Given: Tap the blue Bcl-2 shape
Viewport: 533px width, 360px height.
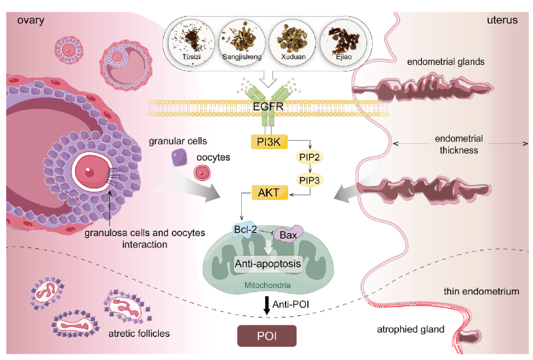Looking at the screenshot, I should [x=245, y=229].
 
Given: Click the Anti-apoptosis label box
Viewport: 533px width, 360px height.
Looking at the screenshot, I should [x=267, y=263].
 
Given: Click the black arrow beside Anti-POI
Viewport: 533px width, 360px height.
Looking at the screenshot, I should [x=266, y=304].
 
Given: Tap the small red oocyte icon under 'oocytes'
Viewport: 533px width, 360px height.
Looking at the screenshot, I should [x=201, y=172].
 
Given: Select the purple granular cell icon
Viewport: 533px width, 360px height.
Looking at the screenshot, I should [x=179, y=158].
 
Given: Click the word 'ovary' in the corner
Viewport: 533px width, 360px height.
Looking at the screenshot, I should [x=31, y=20].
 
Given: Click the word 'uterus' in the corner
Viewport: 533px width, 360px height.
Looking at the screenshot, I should [x=502, y=20].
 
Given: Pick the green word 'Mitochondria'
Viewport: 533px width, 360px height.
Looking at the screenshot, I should [x=266, y=285].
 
